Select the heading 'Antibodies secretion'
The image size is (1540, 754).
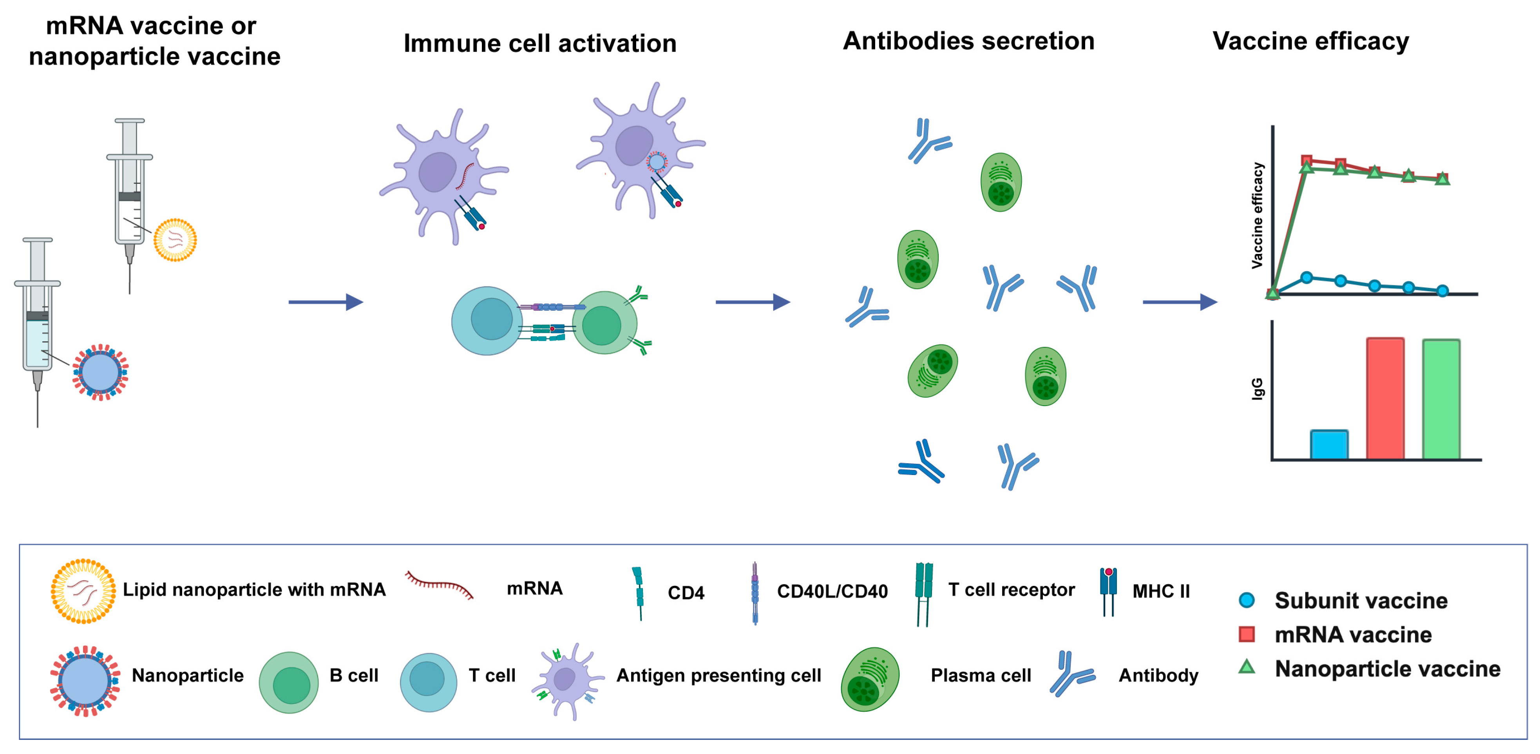click(x=968, y=41)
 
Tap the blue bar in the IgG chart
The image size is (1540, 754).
click(x=1328, y=444)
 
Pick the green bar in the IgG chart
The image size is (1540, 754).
click(x=1441, y=399)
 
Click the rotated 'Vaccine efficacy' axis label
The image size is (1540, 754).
click(x=1257, y=215)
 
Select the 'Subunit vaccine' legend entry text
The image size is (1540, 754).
click(x=1361, y=600)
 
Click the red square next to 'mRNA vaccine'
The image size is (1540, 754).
click(x=1247, y=634)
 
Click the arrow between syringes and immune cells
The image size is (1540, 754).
click(x=326, y=302)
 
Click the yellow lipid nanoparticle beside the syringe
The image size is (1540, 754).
click(x=175, y=240)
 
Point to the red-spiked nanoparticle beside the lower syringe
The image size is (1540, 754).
click(x=100, y=372)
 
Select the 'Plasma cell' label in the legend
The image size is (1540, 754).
click(x=981, y=675)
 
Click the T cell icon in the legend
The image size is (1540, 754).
click(x=428, y=681)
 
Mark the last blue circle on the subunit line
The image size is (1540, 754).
click(x=1442, y=291)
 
